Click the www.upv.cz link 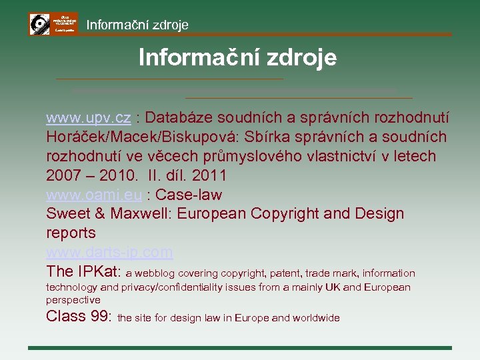(x=88, y=118)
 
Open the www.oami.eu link (x=94, y=195)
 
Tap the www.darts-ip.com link (x=109, y=253)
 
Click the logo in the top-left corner (x=53, y=24)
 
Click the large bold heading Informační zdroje (x=237, y=57)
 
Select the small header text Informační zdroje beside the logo (x=137, y=25)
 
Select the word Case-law (x=189, y=195)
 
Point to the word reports (x=71, y=233)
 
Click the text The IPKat (x=83, y=271)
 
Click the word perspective (x=73, y=300)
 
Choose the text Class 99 (x=78, y=316)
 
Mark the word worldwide (x=314, y=318)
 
